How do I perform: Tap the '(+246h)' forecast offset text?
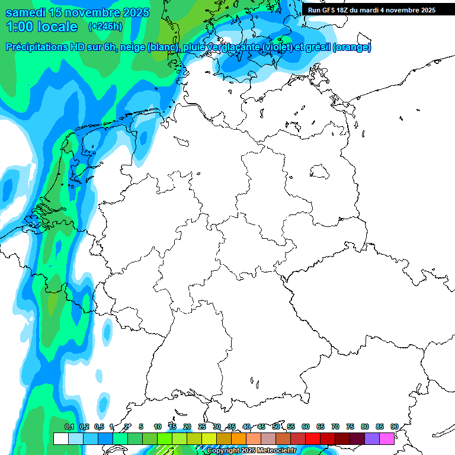click(105, 27)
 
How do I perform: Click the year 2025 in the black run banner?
click(425, 10)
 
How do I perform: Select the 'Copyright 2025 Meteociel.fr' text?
click(251, 451)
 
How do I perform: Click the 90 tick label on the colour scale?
click(394, 427)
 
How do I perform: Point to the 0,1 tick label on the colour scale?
click(69, 427)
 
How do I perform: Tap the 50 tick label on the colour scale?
click(276, 427)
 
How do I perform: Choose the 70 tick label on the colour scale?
click(335, 427)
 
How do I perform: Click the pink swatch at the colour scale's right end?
click(387, 438)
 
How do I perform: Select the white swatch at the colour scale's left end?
click(60, 438)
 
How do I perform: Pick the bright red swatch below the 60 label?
click(313, 438)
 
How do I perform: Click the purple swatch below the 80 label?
click(372, 438)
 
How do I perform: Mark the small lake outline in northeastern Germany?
click(320, 171)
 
